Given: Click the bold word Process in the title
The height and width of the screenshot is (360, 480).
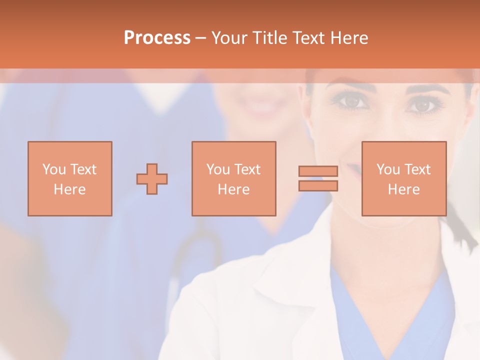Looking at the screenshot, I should pyautogui.click(x=157, y=38).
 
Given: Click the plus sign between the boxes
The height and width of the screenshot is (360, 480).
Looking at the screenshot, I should pyautogui.click(x=152, y=179).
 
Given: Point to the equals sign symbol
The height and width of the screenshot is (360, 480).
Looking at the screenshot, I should pyautogui.click(x=318, y=178).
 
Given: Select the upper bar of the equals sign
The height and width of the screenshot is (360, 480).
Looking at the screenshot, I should pyautogui.click(x=318, y=171).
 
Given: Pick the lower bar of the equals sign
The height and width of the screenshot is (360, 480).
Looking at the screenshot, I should pyautogui.click(x=318, y=186).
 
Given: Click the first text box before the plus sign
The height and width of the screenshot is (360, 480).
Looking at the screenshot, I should pyautogui.click(x=69, y=178).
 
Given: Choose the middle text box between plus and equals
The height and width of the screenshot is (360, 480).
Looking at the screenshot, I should pyautogui.click(x=233, y=178).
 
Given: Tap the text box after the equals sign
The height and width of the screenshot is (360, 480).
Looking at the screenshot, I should pyautogui.click(x=403, y=178).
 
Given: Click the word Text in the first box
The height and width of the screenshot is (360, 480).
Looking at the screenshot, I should pyautogui.click(x=83, y=169).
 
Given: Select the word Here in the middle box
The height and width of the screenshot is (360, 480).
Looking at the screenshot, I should pyautogui.click(x=233, y=189).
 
